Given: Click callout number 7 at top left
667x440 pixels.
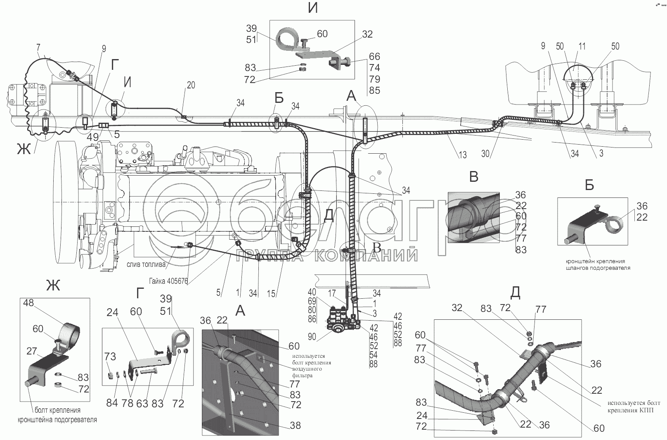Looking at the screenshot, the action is pyautogui.click(x=38, y=48).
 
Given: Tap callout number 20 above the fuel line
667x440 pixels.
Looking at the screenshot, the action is pyautogui.click(x=191, y=85).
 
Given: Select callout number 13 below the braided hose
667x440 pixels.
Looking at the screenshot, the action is pyautogui.click(x=462, y=155).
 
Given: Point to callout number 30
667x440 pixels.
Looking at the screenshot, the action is pyautogui.click(x=485, y=154).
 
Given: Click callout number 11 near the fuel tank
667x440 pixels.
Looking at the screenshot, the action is pyautogui.click(x=582, y=46).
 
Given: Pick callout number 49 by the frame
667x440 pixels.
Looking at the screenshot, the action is pyautogui.click(x=92, y=137).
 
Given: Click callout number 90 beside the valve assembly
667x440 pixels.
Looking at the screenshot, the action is pyautogui.click(x=312, y=337).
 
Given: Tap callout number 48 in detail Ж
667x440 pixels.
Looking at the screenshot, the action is pyautogui.click(x=28, y=303).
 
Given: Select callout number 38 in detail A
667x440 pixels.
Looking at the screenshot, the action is pyautogui.click(x=295, y=426).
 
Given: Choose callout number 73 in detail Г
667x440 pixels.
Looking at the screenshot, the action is pyautogui.click(x=110, y=357).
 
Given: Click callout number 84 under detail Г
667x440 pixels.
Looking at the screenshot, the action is pyautogui.click(x=112, y=403).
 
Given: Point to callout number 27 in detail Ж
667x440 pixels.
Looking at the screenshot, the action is pyautogui.click(x=31, y=351).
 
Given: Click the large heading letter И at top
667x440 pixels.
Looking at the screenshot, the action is pyautogui.click(x=313, y=8).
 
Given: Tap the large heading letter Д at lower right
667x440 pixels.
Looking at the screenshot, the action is pyautogui.click(x=515, y=293).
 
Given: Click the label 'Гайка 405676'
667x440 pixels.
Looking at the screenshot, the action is pyautogui.click(x=168, y=281).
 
